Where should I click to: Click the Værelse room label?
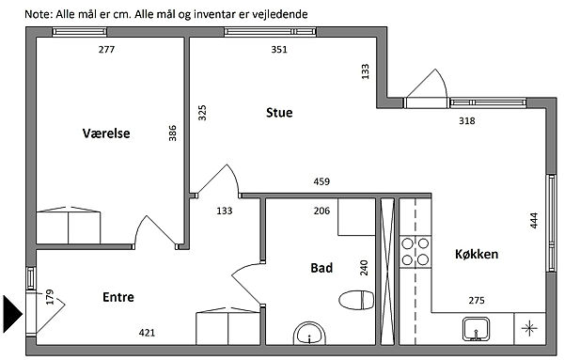tap(106, 133)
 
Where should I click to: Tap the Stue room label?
tap(279, 113)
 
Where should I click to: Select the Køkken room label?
tap(477, 255)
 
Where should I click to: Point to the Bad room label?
tap(321, 268)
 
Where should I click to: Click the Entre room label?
tap(118, 297)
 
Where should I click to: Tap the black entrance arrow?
tap(12, 314)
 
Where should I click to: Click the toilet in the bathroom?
tap(356, 300)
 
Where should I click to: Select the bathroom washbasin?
tap(309, 334)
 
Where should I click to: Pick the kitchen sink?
tap(476, 329)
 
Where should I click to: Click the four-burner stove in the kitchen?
tap(415, 252)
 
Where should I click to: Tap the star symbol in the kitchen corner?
tap(529, 328)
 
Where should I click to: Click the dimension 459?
tap(321, 181)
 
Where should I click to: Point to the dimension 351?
tap(279, 49)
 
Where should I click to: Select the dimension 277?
tap(106, 49)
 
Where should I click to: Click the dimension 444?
tap(534, 221)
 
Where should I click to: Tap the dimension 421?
tap(147, 333)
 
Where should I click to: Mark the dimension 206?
tap(321, 211)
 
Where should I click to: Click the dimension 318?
tap(467, 121)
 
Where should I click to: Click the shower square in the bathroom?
tap(357, 217)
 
